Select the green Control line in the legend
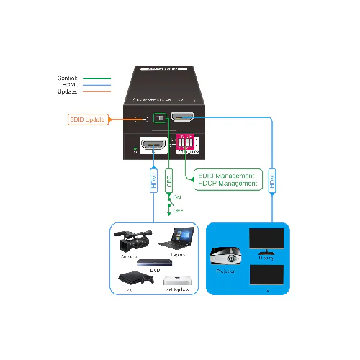pyautogui.click(x=96, y=78)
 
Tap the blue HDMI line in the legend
pyautogui.click(x=96, y=85)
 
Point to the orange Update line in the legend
pyautogui.click(x=96, y=91)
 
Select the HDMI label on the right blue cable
pyautogui.click(x=271, y=180)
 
